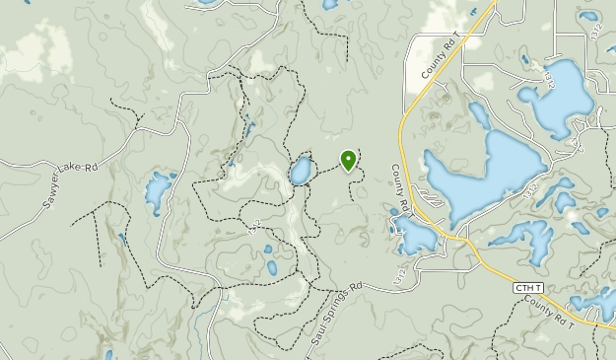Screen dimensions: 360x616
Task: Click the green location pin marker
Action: pos(348,160)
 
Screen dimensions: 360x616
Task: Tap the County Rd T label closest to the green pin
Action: pos(401,187)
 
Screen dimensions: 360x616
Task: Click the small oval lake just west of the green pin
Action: pos(300,172)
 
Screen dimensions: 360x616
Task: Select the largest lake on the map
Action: pos(483,178)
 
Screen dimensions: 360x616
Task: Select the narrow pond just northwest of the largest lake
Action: pos(479,116)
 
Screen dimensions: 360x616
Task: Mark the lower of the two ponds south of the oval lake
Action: pos(271,267)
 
